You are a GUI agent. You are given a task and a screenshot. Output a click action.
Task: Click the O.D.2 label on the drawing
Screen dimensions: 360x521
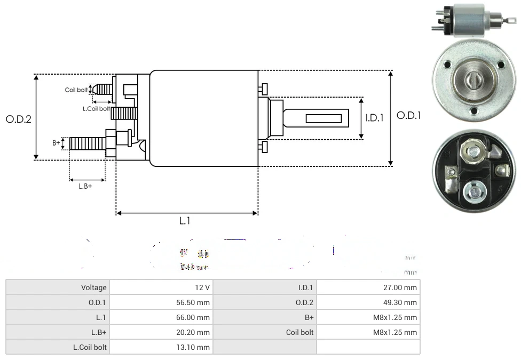[19, 119]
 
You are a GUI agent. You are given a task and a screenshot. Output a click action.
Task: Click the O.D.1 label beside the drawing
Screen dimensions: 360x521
[409, 115]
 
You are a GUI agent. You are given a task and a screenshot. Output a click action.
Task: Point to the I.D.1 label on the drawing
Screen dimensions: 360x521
[374, 118]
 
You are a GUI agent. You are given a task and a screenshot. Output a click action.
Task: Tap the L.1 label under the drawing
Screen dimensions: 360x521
[185, 221]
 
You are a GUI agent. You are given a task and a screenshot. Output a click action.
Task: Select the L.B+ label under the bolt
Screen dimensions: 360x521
[85, 186]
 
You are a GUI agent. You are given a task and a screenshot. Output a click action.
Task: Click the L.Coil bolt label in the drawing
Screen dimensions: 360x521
[96, 109]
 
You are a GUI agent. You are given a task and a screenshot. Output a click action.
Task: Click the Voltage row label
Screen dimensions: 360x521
[94, 287]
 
